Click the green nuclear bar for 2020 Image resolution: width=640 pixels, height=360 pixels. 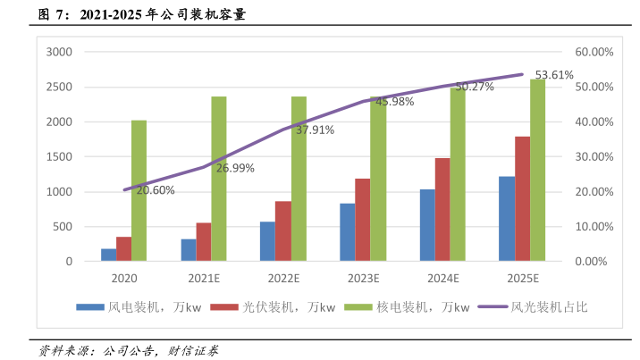[139, 190]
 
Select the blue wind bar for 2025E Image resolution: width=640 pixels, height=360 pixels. [507, 219]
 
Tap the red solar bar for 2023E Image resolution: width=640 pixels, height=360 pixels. [362, 220]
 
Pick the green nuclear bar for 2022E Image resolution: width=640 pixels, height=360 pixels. [299, 179]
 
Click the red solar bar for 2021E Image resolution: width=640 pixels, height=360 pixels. [203, 242]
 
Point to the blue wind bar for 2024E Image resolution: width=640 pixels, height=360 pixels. [427, 225]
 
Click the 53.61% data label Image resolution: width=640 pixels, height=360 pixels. [554, 75]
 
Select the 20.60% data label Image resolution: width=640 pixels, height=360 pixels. [156, 190]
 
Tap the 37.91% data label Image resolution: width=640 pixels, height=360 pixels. [315, 130]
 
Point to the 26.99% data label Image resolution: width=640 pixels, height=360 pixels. [235, 168]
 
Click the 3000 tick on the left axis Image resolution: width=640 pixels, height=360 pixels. [58, 52]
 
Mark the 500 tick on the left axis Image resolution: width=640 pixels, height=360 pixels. [62, 227]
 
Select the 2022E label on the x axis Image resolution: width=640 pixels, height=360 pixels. [282, 279]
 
